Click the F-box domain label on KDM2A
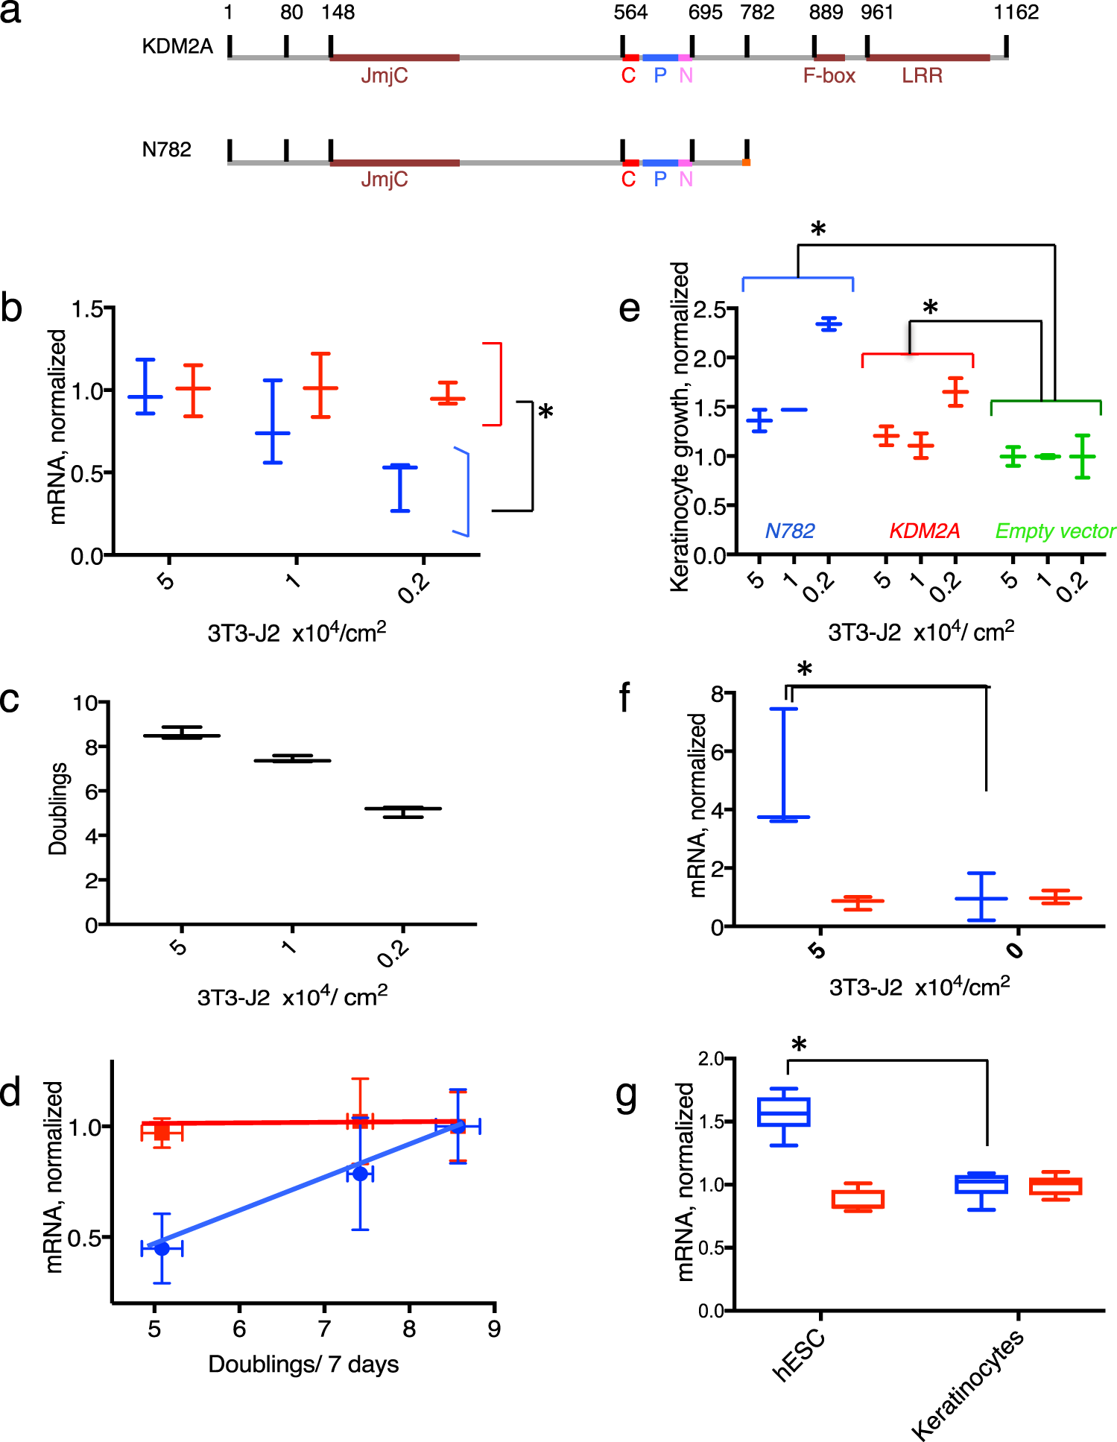point(829,75)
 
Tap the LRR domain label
point(922,75)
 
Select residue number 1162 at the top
point(1016,13)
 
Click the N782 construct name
point(166,150)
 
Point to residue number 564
point(630,13)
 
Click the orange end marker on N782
point(746,162)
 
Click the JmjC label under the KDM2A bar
point(384,75)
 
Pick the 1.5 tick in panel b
point(88,309)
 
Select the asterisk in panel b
point(545,412)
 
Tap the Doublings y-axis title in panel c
point(57,809)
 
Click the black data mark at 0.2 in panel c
point(403,809)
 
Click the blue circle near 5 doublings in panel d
point(162,1248)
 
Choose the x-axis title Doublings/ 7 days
point(303,1364)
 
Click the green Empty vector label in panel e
point(1055,531)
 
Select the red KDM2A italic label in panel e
point(924,531)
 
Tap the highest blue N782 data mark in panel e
point(829,323)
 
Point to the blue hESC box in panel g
point(784,1112)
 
